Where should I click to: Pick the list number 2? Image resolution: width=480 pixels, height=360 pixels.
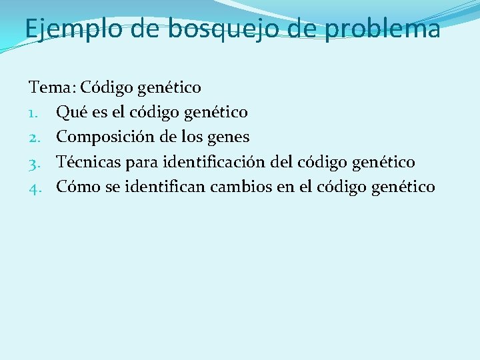point(35,137)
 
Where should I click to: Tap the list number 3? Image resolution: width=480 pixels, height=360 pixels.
point(35,162)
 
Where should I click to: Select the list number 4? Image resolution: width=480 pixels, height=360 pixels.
point(35,187)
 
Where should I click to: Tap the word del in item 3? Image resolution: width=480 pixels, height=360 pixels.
point(291,162)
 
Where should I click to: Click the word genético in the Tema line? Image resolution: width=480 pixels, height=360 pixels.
point(170,87)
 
